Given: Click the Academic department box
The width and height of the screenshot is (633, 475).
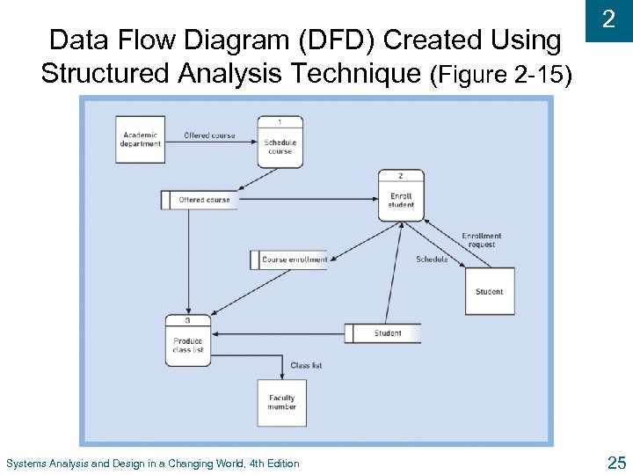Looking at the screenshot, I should pos(141,139).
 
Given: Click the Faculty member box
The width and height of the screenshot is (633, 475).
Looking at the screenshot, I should pos(281,403).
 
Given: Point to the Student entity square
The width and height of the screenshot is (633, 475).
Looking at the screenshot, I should pos(489,291).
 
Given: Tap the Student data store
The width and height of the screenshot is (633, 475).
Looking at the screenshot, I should pos(382,333).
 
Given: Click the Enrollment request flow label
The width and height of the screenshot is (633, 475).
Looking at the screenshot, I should pos(482,239).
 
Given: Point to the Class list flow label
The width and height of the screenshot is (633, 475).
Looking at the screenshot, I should pos(306,365).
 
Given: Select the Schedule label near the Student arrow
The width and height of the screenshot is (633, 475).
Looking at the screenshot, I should pos(432,259).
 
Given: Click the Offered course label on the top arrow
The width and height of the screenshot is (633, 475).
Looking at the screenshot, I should pos(209,135).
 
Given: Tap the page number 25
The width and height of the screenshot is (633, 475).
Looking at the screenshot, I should pos(615,462).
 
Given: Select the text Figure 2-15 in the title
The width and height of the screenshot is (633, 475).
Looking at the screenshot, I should pos(502,76).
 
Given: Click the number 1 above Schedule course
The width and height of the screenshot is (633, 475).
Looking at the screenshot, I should pos(280,121).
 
